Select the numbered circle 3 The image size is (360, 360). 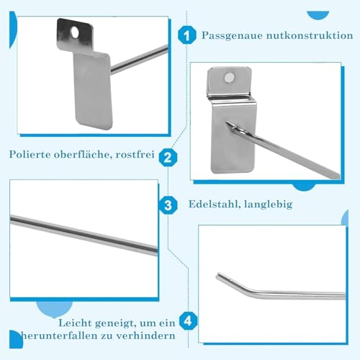168,205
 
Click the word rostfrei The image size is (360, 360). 134,154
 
